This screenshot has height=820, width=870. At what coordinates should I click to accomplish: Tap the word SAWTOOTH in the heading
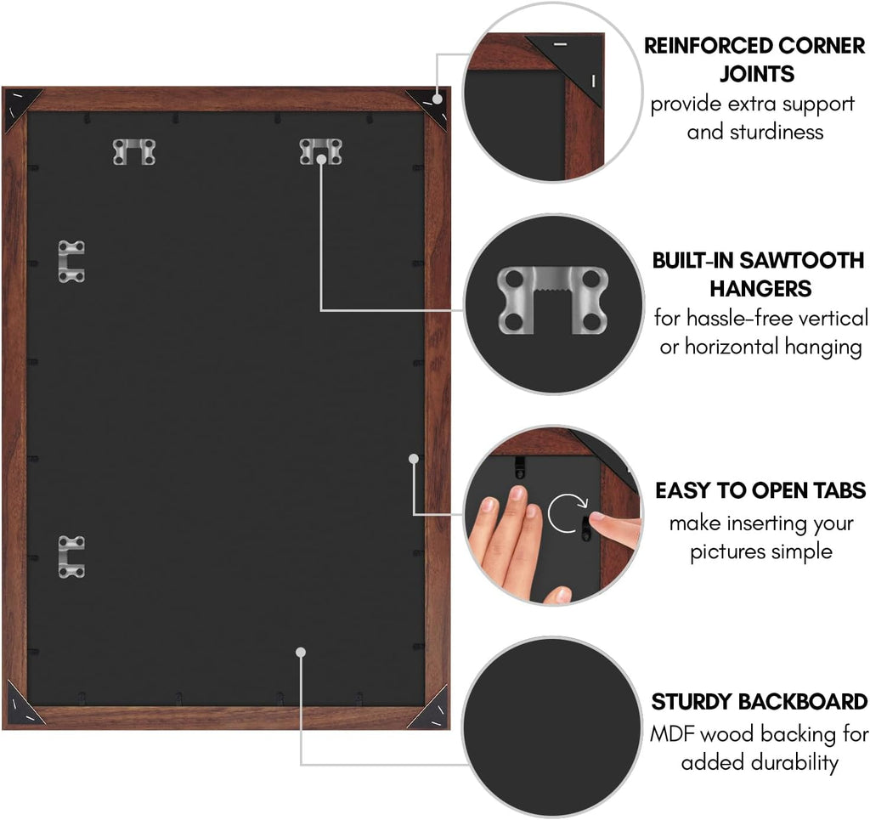pos(802,260)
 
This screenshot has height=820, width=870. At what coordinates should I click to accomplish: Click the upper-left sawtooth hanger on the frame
pos(134,151)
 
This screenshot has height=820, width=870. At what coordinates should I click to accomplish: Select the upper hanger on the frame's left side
pos(71,262)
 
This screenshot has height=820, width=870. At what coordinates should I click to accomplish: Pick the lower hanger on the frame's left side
pos(71,557)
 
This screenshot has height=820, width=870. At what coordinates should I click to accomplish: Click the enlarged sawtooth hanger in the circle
pos(553,300)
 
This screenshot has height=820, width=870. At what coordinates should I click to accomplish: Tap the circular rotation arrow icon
pos(567,512)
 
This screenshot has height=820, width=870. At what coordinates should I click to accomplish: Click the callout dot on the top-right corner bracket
pos(438,99)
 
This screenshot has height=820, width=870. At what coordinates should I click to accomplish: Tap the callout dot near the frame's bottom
pos(301,652)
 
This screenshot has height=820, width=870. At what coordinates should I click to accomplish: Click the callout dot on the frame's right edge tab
pos(414,459)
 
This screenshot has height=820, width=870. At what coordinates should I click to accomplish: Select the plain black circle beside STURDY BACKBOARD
pos(552,727)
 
